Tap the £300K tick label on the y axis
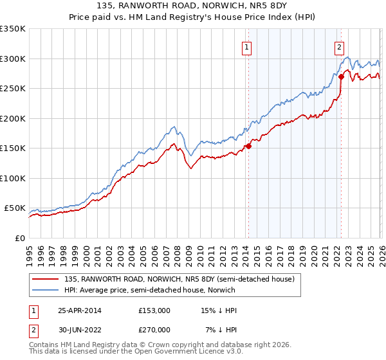[13, 59]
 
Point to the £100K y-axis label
[13, 178]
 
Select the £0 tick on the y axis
[19, 238]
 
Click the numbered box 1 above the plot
[247, 46]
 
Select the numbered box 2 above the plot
[339, 46]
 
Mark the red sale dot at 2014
[248, 147]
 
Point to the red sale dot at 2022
[342, 76]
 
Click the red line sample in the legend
[45, 279]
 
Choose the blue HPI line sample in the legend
[45, 290]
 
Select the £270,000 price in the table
[154, 330]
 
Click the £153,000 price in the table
[154, 310]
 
